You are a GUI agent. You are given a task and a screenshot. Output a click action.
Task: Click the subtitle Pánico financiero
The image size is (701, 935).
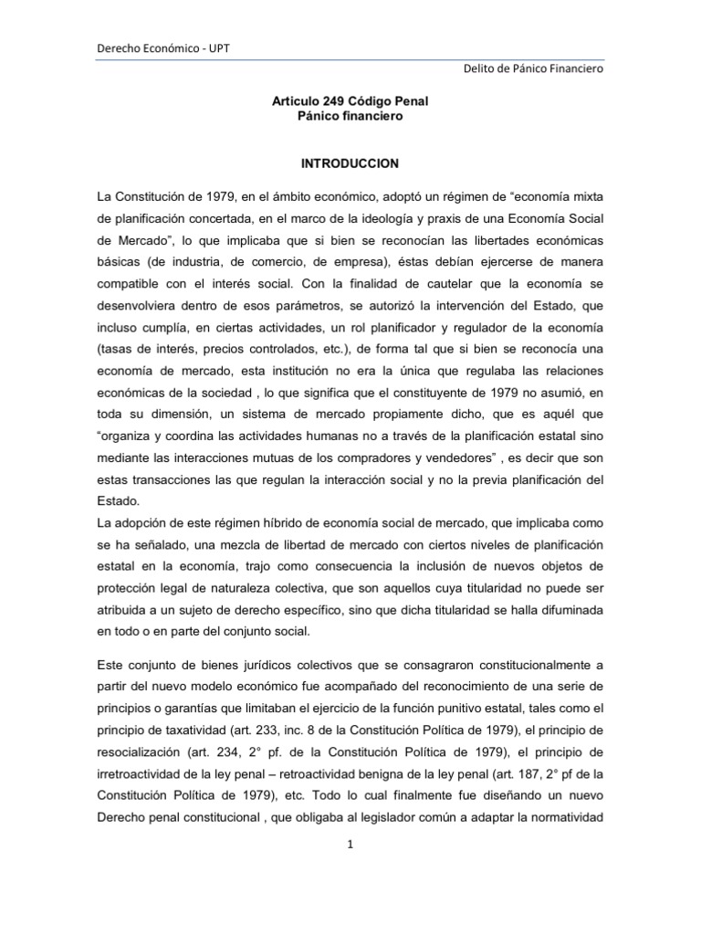tap(350, 117)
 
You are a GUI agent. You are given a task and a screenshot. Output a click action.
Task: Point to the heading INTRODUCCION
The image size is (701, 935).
tap(350, 163)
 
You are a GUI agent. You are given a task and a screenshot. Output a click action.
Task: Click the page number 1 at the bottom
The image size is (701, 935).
tap(350, 844)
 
